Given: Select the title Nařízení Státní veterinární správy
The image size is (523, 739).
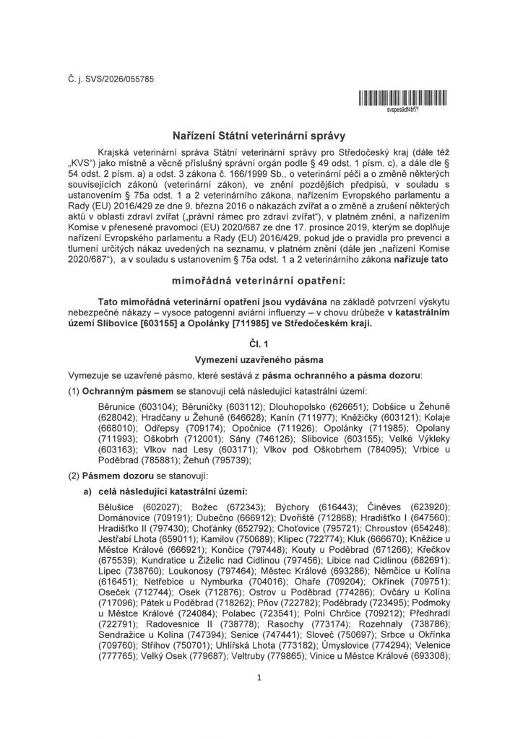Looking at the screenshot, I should click(261, 134).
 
